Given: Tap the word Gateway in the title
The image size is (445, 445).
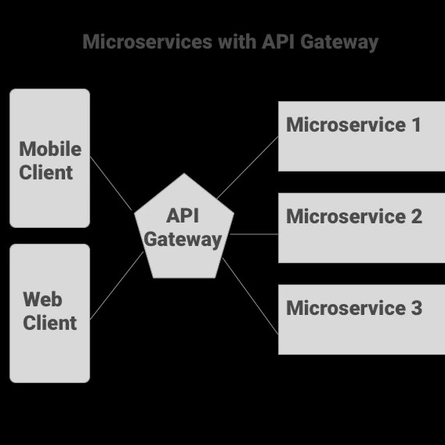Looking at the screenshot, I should [339, 42].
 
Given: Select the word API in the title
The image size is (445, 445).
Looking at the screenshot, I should [280, 42].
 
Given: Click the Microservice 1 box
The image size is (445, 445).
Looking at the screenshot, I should [361, 153].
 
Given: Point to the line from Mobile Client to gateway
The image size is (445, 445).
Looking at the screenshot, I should [111, 184].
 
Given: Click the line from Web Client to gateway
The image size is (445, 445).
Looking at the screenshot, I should [118, 285].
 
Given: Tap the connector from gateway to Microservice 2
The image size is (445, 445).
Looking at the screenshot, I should [255, 233].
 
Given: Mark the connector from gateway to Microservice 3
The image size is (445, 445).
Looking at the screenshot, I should [251, 297].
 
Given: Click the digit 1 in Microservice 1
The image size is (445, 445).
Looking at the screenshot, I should [414, 125].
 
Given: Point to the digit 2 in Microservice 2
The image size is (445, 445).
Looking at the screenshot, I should [415, 216].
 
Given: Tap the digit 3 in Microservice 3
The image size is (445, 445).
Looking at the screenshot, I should [415, 308].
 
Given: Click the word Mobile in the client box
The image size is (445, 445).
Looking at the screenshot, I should [49, 149].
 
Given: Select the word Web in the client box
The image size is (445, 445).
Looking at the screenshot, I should [42, 299].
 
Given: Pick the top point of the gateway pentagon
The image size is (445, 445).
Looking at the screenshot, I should [184, 175].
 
